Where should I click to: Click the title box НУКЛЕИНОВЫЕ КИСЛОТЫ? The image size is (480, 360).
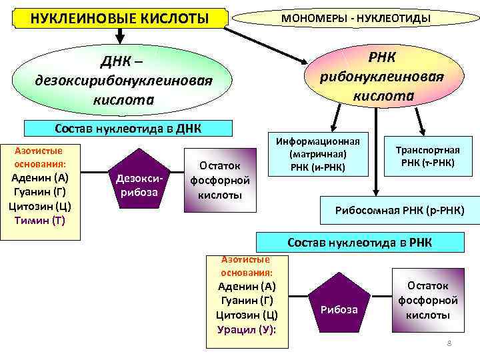coord(120,17)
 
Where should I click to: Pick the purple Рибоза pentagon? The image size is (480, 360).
coord(339,306)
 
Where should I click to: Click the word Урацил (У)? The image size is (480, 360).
coord(247,329)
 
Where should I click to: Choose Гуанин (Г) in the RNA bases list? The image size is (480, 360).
coord(247,301)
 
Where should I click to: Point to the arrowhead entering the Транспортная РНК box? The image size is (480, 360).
coord(421,131)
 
